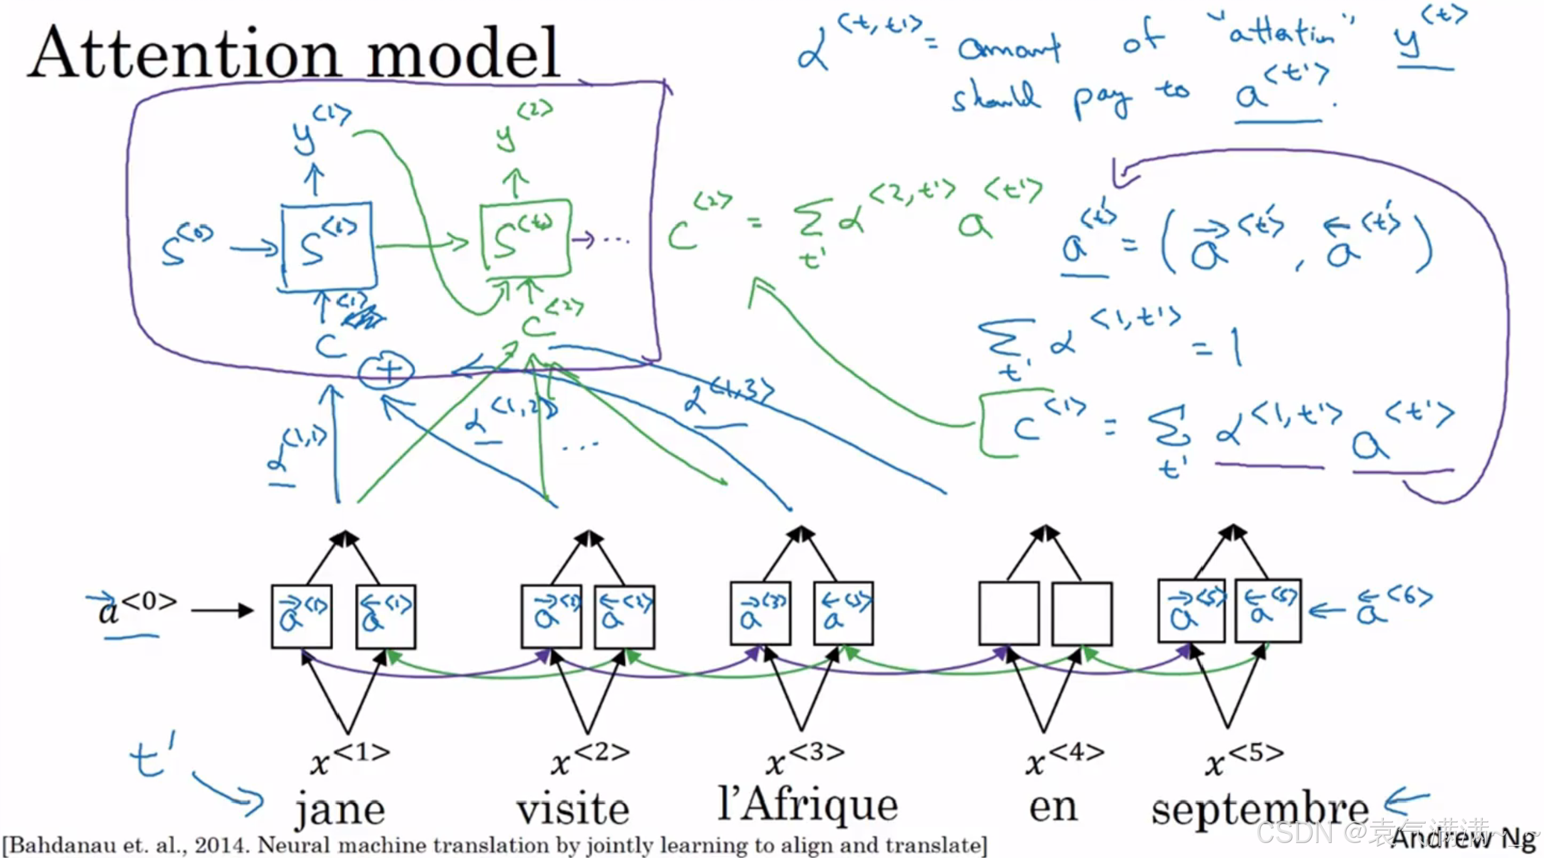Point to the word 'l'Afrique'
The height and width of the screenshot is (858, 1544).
pos(808,805)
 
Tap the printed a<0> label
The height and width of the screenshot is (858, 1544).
pos(135,607)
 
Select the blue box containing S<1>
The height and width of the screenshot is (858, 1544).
pos(327,246)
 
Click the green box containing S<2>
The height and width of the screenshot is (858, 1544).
pos(525,238)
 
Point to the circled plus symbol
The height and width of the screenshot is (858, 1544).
pos(386,370)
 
